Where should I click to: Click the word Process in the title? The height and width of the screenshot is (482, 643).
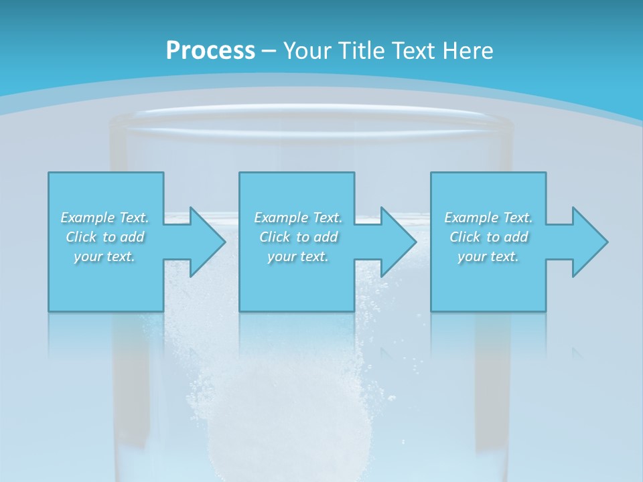(x=210, y=50)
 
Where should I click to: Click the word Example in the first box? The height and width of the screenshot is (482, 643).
(x=88, y=218)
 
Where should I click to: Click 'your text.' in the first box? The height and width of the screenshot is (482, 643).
(x=104, y=256)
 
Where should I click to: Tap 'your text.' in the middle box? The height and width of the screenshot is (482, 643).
(x=297, y=256)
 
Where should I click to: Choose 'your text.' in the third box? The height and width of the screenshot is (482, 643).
(x=488, y=256)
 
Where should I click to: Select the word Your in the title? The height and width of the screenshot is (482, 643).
(x=305, y=50)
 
